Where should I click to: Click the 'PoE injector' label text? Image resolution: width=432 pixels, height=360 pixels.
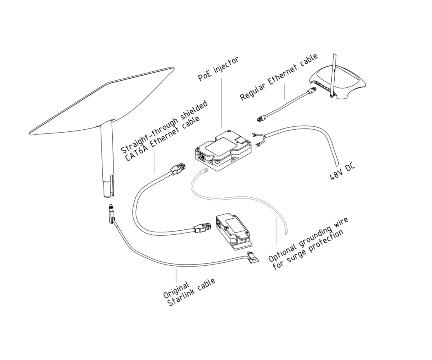(218, 69)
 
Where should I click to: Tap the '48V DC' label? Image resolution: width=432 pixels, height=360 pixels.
(342, 172)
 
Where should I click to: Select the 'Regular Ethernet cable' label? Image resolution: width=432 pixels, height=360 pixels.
(279, 77)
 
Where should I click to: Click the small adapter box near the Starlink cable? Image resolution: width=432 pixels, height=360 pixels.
(233, 230)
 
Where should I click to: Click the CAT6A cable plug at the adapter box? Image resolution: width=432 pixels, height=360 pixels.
(200, 228)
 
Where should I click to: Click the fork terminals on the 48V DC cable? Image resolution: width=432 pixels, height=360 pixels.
(256, 140)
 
